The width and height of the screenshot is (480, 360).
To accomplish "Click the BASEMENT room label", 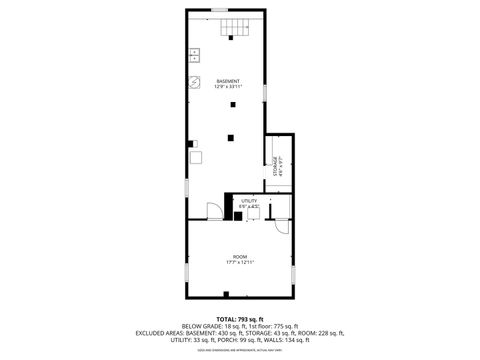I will [x=228, y=81].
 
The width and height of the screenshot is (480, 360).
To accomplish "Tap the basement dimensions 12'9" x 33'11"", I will [x=228, y=87].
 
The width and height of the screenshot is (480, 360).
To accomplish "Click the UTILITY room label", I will [x=248, y=201].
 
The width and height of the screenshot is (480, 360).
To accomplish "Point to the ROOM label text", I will [x=240, y=256].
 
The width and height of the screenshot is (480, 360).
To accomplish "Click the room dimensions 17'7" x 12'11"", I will [x=240, y=263].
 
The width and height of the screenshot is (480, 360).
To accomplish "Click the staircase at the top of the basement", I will [x=233, y=27].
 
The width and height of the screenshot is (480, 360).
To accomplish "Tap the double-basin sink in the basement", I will [x=194, y=55].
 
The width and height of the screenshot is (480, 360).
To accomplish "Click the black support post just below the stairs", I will [x=231, y=38].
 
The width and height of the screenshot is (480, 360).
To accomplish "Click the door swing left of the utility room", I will [x=214, y=210].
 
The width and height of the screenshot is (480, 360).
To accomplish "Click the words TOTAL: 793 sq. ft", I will [x=240, y=319].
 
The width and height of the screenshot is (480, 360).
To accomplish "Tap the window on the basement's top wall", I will [x=218, y=11].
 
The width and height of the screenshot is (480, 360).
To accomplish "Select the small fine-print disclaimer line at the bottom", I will [x=240, y=351].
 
